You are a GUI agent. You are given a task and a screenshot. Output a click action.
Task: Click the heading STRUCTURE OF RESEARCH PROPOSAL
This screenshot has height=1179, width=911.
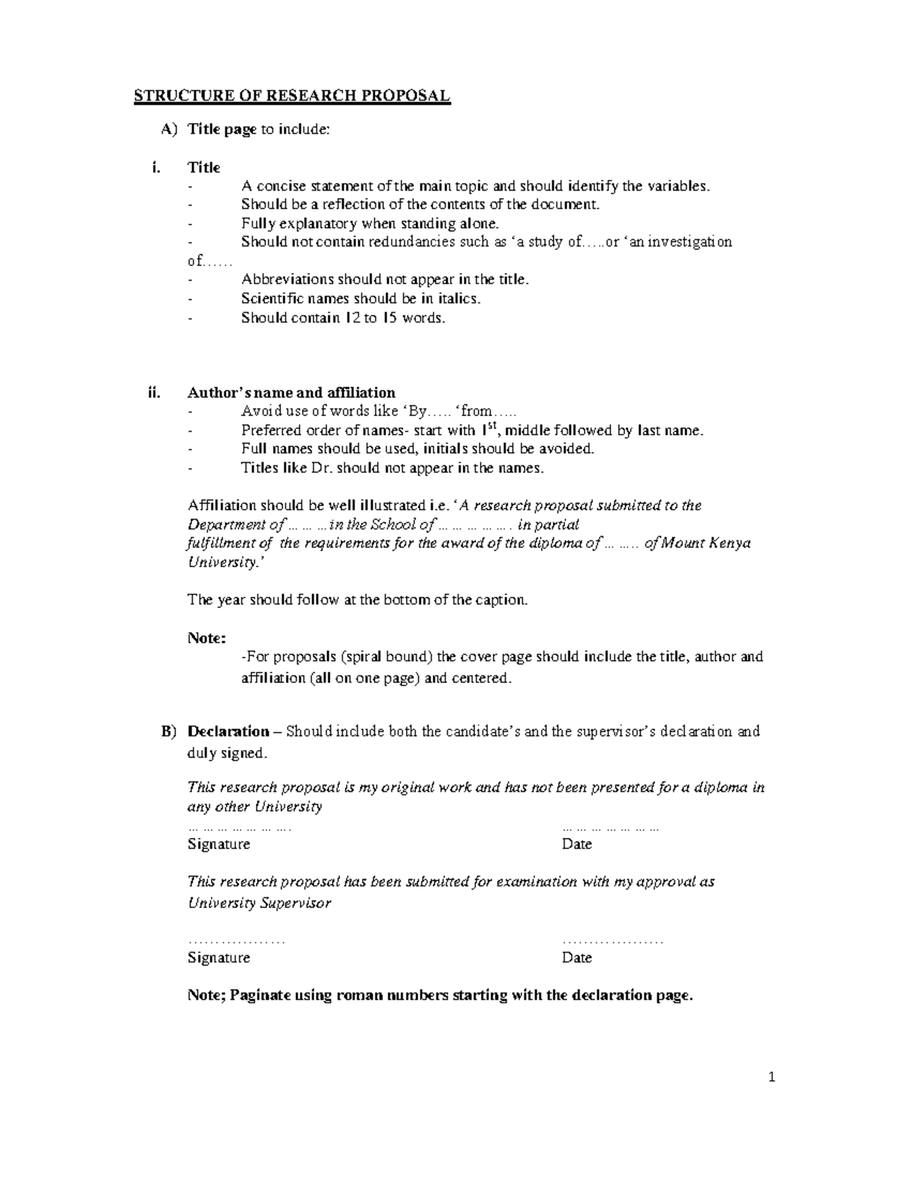click(292, 96)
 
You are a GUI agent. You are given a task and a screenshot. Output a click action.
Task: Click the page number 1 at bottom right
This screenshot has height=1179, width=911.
click(771, 1077)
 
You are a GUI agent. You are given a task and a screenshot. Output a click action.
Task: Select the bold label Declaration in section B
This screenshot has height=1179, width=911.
click(228, 732)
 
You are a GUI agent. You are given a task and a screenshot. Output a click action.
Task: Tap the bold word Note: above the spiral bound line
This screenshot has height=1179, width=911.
click(206, 638)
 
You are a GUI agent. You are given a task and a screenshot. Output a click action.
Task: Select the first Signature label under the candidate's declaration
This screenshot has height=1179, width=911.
click(219, 844)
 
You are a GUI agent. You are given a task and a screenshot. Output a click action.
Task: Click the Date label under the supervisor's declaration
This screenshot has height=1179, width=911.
click(577, 957)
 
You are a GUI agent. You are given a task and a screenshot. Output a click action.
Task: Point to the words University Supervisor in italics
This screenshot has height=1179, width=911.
click(259, 903)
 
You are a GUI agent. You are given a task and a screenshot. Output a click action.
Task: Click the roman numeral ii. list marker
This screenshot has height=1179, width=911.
click(155, 392)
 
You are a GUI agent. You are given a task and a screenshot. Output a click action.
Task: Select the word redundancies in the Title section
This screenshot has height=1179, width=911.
click(408, 242)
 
